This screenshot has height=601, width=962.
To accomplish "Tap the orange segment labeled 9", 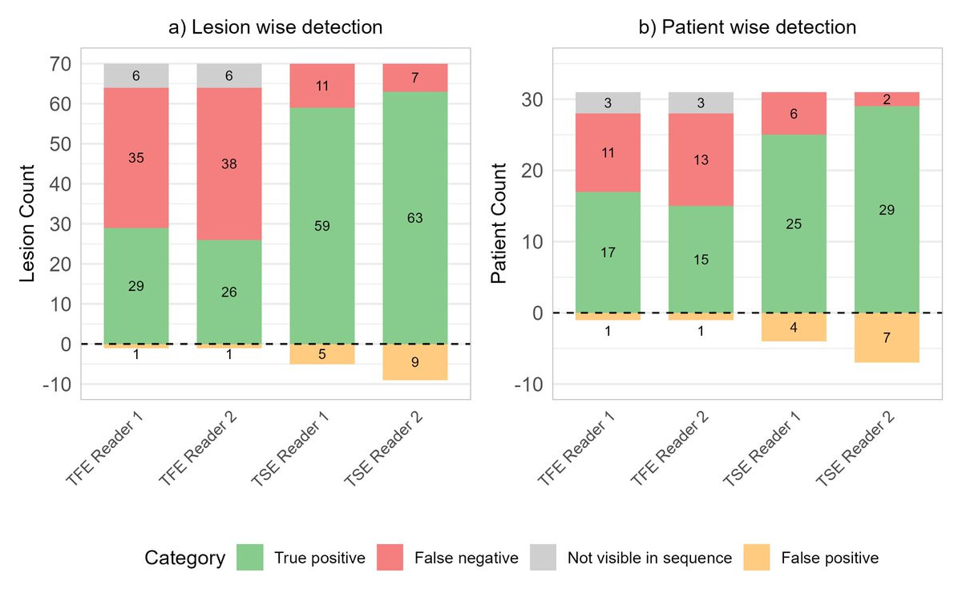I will (x=414, y=361).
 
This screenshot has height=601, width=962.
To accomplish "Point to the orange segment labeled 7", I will (x=887, y=337).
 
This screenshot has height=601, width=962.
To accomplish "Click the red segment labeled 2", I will (x=887, y=99).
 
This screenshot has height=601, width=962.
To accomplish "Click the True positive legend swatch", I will (x=251, y=558).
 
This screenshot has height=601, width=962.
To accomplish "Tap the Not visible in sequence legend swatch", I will (x=544, y=558).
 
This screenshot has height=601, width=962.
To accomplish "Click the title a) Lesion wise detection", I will (x=275, y=27).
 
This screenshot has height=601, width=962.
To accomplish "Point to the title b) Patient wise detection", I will (x=746, y=27).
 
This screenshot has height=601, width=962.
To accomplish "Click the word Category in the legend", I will (x=184, y=558).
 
